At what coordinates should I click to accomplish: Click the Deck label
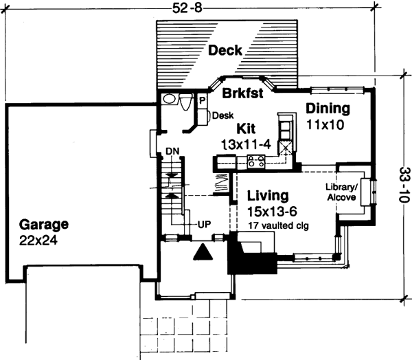point(227,50)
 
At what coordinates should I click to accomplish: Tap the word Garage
point(44,224)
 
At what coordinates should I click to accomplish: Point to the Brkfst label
point(240,94)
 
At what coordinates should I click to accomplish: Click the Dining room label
point(328,109)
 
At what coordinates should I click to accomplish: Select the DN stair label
point(172,151)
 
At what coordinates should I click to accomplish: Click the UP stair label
point(204,225)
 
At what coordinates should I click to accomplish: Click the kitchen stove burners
point(256,162)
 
